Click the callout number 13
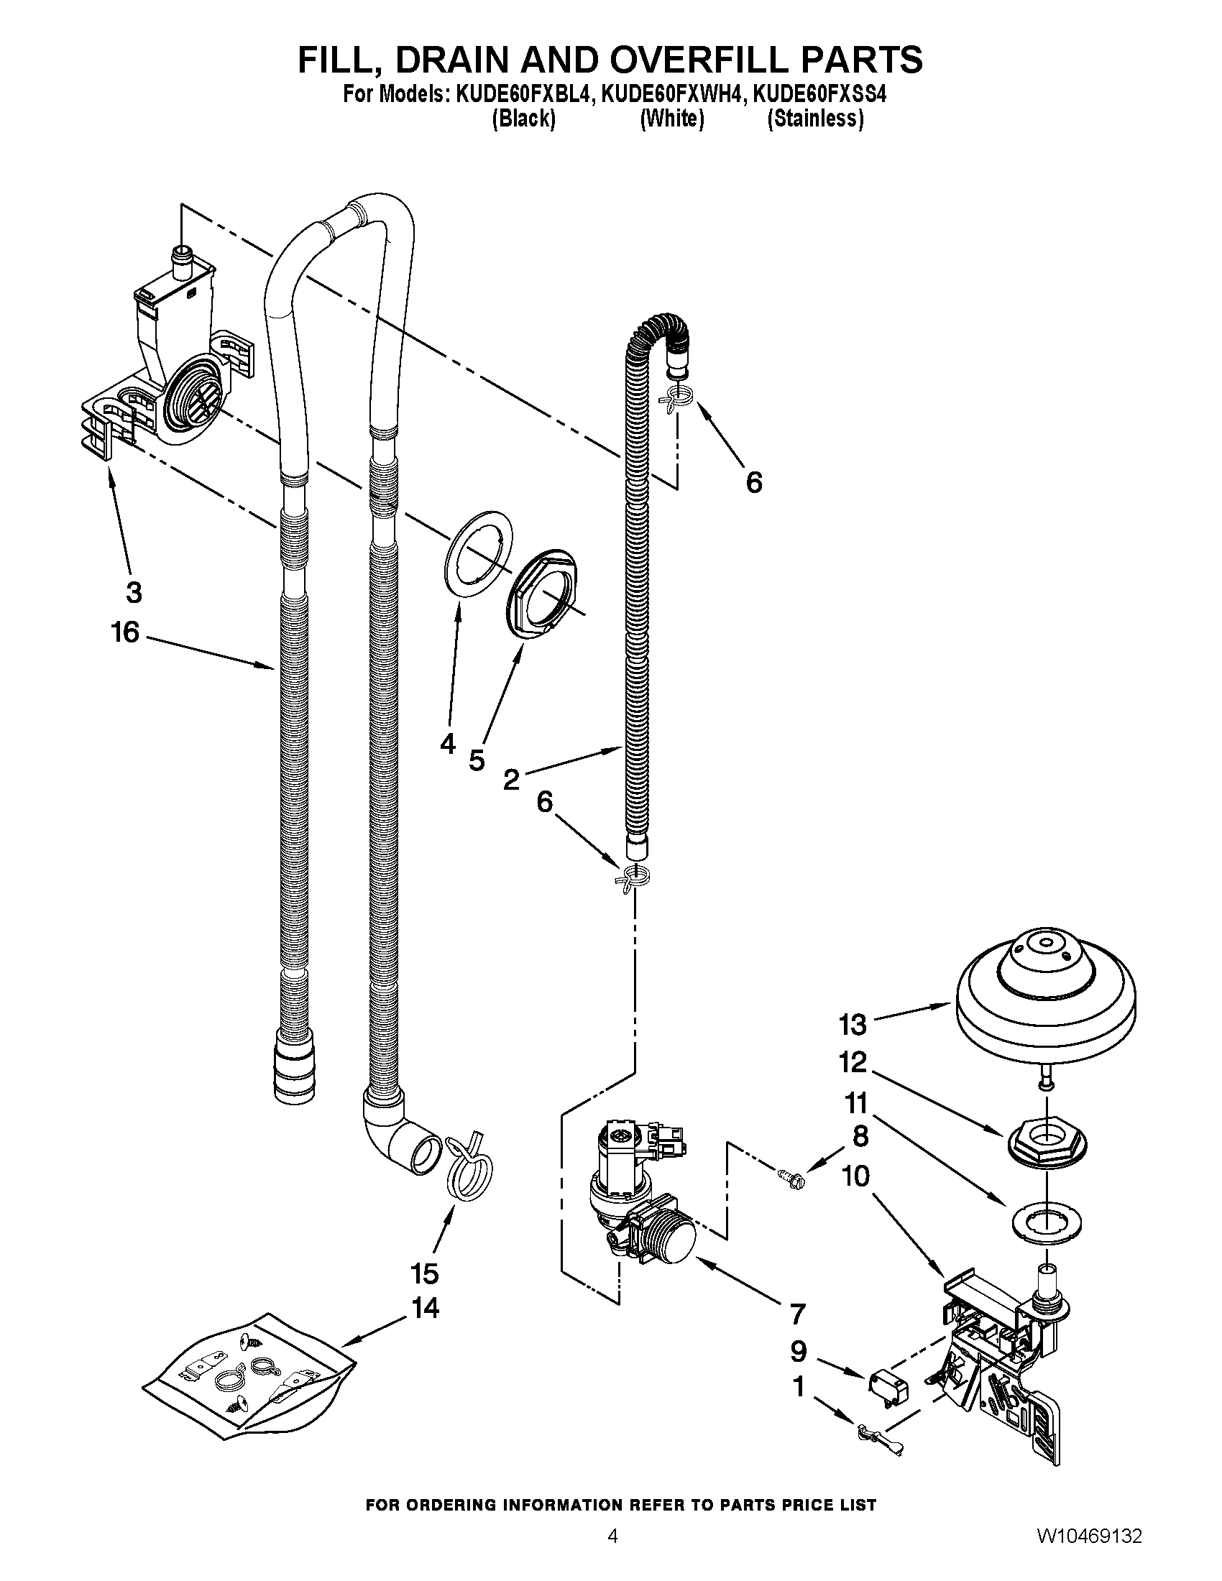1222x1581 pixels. coord(853,1024)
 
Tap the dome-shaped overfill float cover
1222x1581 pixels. coord(1046,996)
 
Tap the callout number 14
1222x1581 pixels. coord(426,1308)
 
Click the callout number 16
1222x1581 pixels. coord(124,632)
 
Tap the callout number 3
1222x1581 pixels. coord(134,593)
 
